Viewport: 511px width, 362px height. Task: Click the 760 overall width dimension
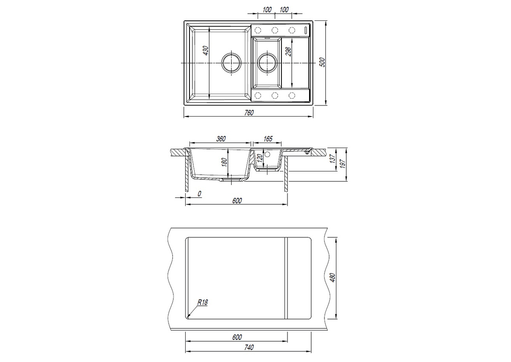click(x=249, y=113)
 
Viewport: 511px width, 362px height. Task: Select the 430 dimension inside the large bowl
click(x=206, y=51)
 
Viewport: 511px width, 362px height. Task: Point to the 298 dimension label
click(x=288, y=51)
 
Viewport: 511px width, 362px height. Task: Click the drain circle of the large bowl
click(x=231, y=63)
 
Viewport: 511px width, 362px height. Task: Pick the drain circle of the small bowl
click(x=267, y=63)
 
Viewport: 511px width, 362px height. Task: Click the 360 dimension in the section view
click(x=221, y=139)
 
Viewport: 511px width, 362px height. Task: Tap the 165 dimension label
click(x=268, y=139)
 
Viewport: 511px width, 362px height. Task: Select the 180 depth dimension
click(x=224, y=162)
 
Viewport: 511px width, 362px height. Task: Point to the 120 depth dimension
click(x=260, y=158)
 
